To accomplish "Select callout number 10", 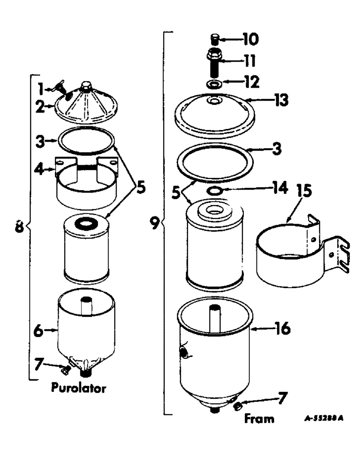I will coord(249,39).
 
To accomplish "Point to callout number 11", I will coord(249,61).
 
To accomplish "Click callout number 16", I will coord(281,329).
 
